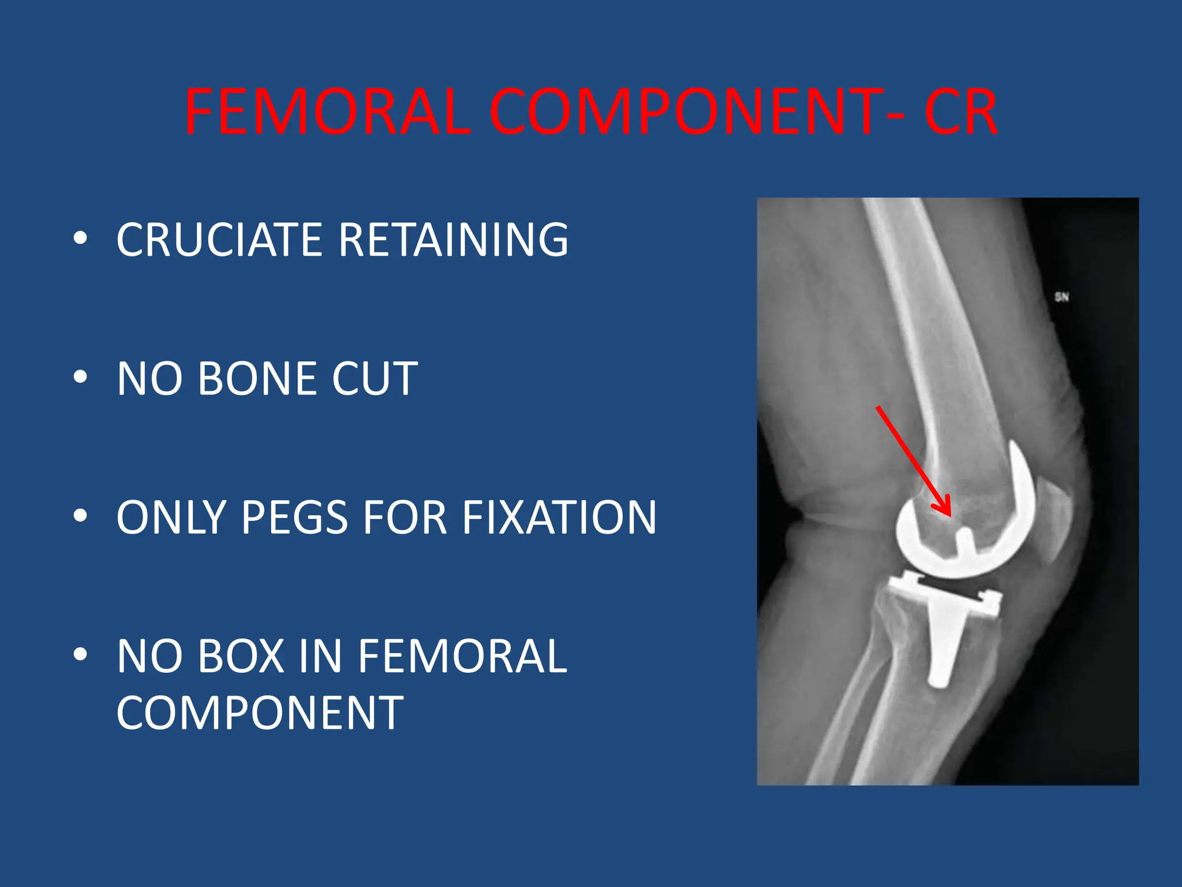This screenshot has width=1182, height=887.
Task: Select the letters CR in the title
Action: point(960,112)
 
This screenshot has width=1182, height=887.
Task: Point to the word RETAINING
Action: point(454,240)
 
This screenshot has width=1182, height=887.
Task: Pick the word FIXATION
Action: point(560,517)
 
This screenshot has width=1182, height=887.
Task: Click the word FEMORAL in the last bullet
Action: point(462,657)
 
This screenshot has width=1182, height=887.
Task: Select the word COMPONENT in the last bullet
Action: point(260,713)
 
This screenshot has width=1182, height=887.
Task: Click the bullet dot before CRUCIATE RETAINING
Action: point(81,238)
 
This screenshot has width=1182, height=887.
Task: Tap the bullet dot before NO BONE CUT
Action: point(81,377)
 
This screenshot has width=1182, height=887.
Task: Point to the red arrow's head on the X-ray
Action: point(945,509)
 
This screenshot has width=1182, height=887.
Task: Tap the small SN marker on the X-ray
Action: point(1061,297)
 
